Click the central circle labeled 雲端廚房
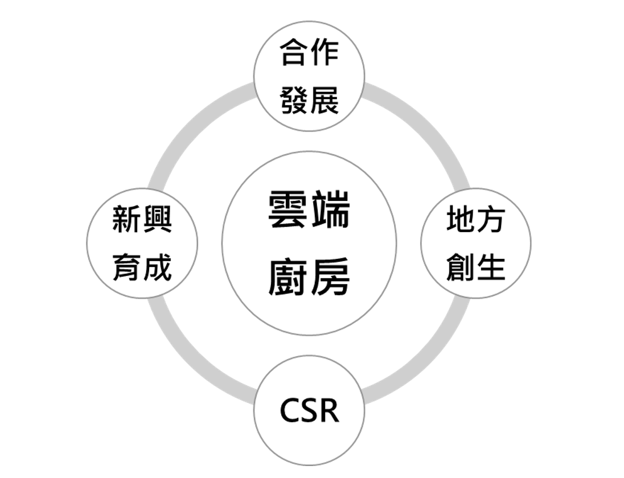(x=309, y=244)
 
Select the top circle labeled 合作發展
(x=309, y=76)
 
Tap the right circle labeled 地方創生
(x=475, y=244)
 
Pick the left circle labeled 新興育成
(x=142, y=244)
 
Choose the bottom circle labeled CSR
(x=309, y=411)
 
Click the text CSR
(x=309, y=411)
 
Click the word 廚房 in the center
(x=309, y=277)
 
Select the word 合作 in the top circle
(x=309, y=53)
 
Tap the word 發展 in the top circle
(x=309, y=100)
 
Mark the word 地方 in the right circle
(x=475, y=220)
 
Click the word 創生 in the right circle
(x=475, y=267)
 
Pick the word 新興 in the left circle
(x=142, y=220)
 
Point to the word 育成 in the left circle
(x=142, y=267)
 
